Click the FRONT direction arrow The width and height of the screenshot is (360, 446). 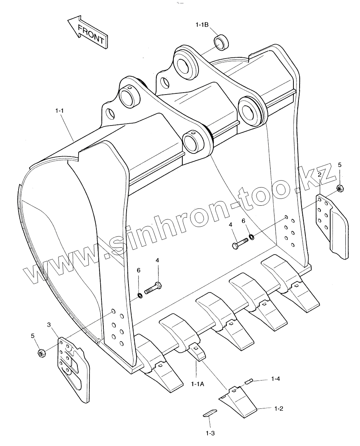click(87, 33)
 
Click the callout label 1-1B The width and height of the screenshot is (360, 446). click(202, 25)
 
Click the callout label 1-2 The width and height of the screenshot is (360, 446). click(279, 408)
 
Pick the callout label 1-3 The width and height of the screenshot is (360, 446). click(210, 433)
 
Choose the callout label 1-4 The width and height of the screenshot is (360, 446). click(276, 378)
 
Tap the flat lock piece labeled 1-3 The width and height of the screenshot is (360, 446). click(210, 413)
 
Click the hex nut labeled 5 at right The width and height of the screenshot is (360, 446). click(340, 189)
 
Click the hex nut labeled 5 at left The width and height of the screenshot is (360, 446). click(41, 353)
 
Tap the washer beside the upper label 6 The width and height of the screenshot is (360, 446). click(252, 236)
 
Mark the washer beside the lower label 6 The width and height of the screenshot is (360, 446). click(140, 296)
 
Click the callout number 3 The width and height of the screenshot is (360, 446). click(49, 324)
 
